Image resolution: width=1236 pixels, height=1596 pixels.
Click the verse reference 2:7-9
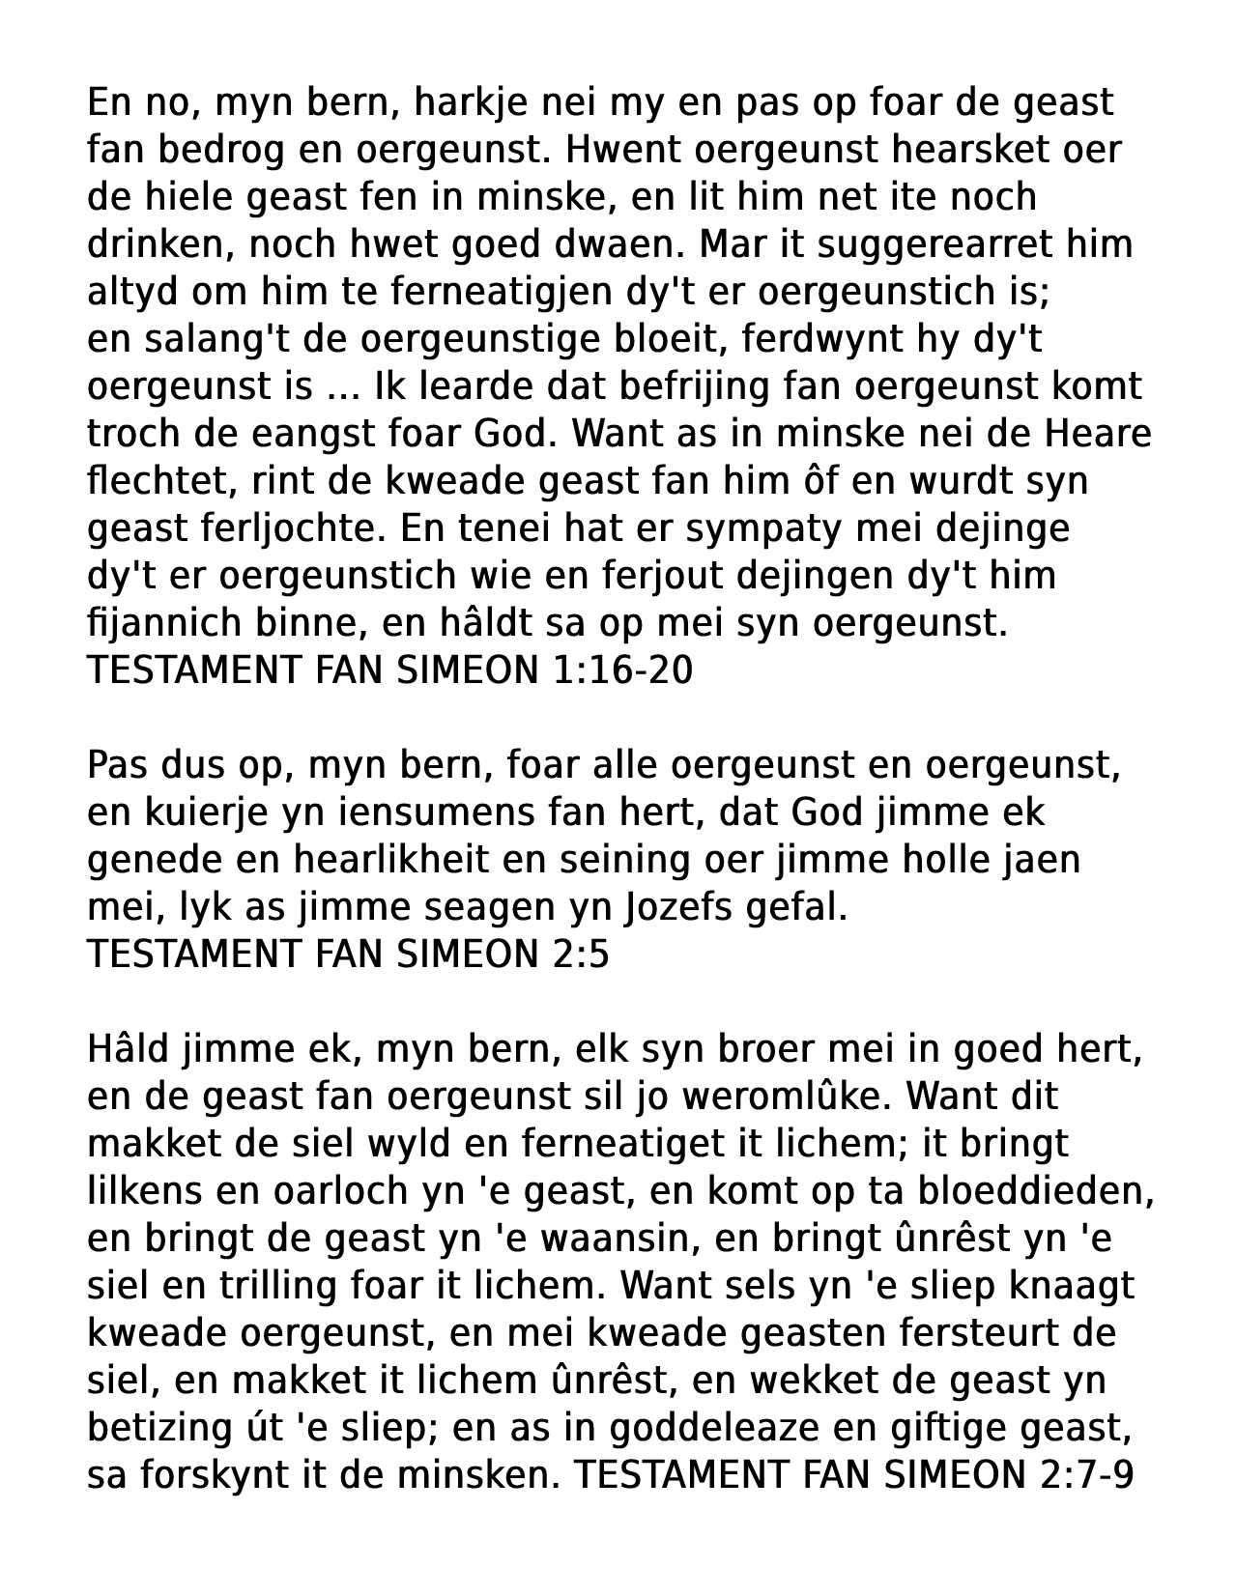(x=1082, y=1476)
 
